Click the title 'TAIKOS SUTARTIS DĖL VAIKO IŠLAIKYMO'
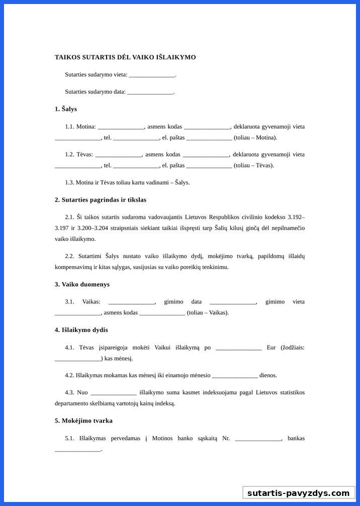pos(125,57)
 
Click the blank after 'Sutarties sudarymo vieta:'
pos(152,75)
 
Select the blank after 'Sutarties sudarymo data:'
pos(150,92)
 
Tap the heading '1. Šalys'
pos(66,109)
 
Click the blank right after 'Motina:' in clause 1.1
pos(121,127)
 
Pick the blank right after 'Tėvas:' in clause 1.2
pos(119,155)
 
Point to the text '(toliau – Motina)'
pos(255,138)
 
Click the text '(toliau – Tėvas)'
pos(254,165)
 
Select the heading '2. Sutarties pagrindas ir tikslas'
pos(101,200)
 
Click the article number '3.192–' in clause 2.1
pos(296,217)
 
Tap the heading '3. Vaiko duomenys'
pos(82,285)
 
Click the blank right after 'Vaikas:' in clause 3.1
pos(132,302)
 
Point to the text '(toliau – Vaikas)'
pos(208,313)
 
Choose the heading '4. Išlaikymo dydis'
pos(81,330)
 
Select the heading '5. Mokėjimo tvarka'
pos(83,421)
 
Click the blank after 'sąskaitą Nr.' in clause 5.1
pos(258,439)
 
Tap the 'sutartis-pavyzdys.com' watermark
pos(298,493)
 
